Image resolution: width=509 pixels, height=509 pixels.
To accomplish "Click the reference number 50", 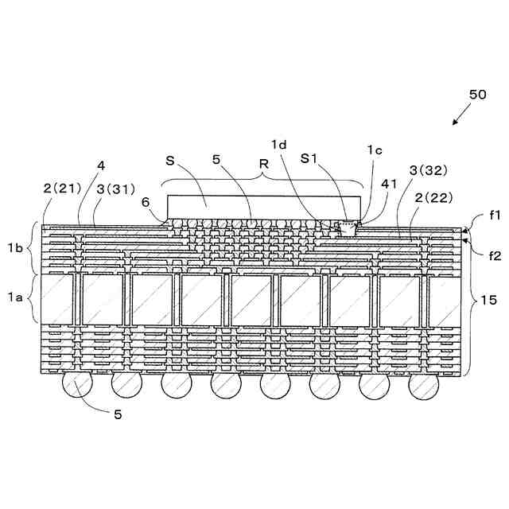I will point(477,95).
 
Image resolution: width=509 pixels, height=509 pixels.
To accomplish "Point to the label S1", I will point(310,158).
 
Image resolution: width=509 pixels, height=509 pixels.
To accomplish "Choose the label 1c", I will point(375,150).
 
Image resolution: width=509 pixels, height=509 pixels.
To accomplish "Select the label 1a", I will point(14,297).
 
